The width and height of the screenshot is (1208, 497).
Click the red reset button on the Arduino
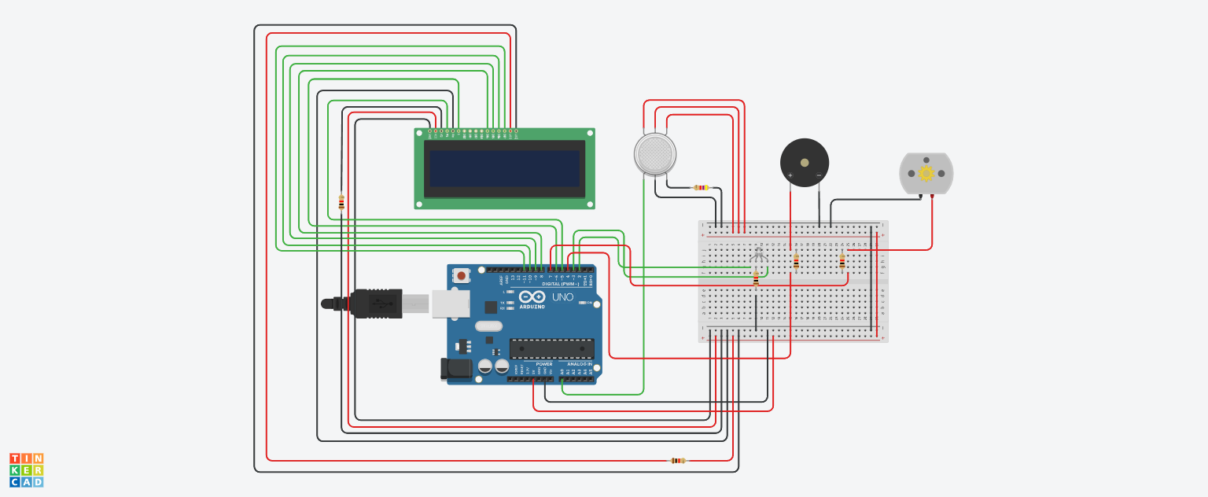tap(460, 276)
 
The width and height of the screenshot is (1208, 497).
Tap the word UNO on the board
tap(562, 296)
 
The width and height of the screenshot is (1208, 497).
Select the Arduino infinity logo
tap(532, 297)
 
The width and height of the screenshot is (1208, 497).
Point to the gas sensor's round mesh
tap(654, 154)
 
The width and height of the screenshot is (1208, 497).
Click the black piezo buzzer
tap(804, 163)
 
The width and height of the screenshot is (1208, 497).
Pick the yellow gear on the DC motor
tap(926, 173)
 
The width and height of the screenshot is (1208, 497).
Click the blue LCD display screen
tap(504, 169)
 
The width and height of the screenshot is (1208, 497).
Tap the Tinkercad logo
tap(27, 469)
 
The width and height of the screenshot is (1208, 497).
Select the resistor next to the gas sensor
tap(700, 187)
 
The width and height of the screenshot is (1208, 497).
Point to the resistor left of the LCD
tap(341, 202)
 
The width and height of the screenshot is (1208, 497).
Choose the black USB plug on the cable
tap(376, 303)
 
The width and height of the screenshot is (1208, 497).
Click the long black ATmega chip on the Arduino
tap(551, 348)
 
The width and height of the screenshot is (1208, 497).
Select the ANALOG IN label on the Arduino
tap(579, 364)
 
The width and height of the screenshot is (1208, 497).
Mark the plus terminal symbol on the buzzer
tap(790, 175)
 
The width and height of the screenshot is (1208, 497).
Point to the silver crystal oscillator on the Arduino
tap(488, 326)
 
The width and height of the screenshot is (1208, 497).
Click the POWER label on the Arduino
tap(543, 364)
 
